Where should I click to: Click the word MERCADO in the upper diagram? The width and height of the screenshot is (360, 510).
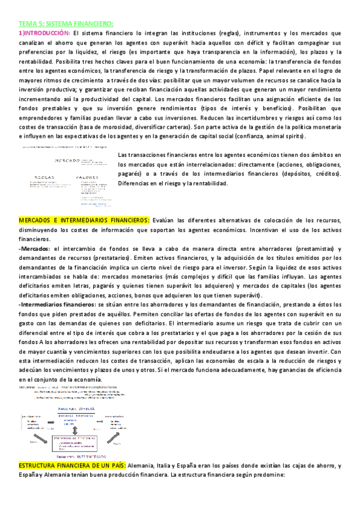coord(66,161)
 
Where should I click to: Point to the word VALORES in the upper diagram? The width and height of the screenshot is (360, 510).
coord(87,177)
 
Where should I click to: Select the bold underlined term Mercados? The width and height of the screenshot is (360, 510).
coord(36,249)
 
